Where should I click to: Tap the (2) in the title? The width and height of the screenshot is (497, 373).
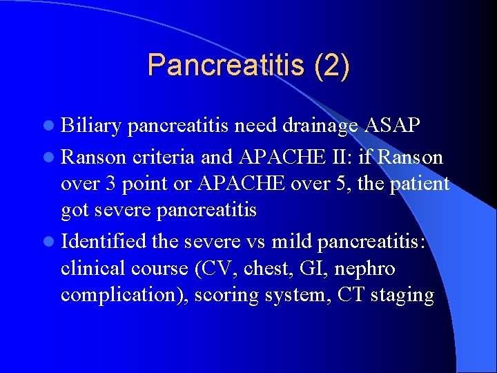pyautogui.click(x=331, y=65)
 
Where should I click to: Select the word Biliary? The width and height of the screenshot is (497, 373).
pyautogui.click(x=92, y=126)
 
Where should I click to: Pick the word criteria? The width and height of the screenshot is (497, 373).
pyautogui.click(x=163, y=157)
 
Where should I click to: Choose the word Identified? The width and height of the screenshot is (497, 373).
pyautogui.click(x=104, y=242)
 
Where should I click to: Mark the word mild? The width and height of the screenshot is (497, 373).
pyautogui.click(x=293, y=242)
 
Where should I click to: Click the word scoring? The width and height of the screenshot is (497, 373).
pyautogui.click(x=224, y=295)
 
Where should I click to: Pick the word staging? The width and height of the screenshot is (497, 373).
pyautogui.click(x=402, y=295)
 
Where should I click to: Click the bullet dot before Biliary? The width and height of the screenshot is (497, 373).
pyautogui.click(x=50, y=127)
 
